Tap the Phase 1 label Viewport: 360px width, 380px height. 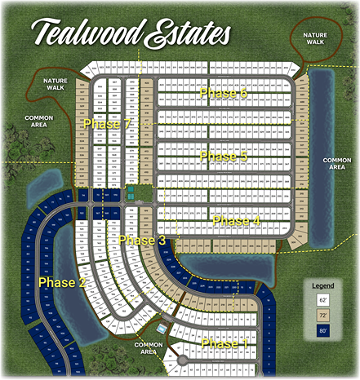point(224,343)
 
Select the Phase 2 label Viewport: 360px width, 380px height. point(61,282)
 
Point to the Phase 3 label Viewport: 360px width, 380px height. point(142,240)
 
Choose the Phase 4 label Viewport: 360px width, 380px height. point(236,220)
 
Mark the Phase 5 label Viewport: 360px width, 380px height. point(223,156)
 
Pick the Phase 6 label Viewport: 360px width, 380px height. point(223,93)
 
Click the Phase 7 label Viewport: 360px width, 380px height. point(107,123)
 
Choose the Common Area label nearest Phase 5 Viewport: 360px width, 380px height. point(336,163)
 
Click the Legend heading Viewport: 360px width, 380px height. point(325,285)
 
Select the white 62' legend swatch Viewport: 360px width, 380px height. point(324,300)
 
